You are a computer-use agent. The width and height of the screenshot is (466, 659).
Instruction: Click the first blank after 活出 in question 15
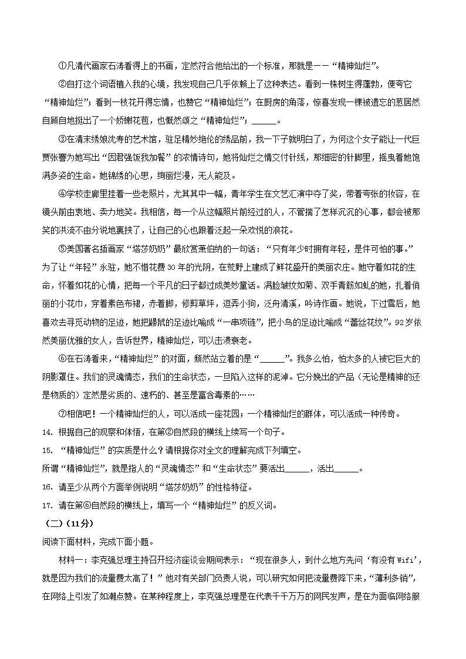[298, 469]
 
